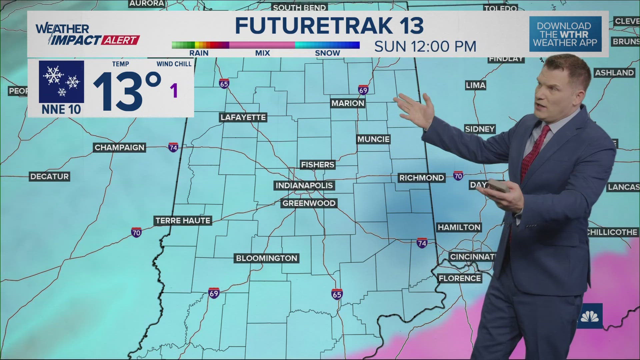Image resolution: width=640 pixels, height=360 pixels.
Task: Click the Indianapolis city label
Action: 304,185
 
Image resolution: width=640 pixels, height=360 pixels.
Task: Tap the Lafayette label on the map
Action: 243,117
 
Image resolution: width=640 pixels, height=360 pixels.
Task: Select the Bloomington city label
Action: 266,258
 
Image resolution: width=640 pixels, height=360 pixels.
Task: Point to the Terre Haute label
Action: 183,220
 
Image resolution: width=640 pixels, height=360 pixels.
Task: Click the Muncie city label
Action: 373,139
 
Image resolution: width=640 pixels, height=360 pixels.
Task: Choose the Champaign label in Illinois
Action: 119,147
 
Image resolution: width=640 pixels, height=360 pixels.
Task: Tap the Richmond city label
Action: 421,178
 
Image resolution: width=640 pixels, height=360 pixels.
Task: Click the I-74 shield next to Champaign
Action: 173,147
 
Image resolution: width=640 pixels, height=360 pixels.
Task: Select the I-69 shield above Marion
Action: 363,90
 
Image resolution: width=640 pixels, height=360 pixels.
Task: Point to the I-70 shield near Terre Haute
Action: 136,232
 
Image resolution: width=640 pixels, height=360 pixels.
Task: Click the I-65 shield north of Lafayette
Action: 224,84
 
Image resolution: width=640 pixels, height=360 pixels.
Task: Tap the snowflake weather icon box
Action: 61,82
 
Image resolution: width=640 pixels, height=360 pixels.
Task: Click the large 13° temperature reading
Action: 127,91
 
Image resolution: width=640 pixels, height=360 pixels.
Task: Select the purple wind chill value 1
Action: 174,91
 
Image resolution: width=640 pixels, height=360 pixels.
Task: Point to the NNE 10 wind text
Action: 61,109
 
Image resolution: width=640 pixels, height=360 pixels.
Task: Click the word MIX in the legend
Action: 262,53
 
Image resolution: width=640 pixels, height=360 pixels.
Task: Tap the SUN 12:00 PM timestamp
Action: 425,47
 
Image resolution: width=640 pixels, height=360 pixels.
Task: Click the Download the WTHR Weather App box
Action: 565,34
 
